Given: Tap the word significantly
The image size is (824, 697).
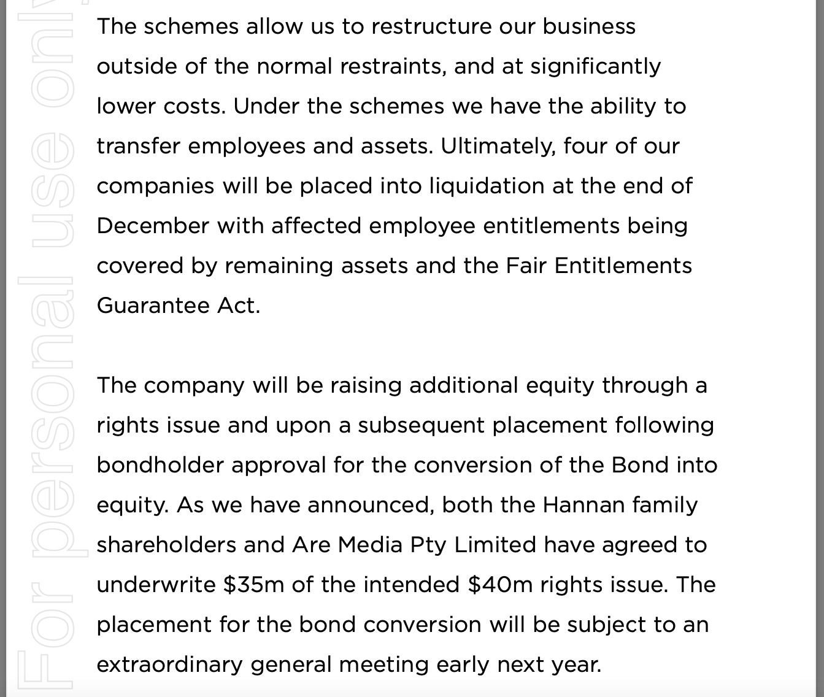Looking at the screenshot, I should point(595,66).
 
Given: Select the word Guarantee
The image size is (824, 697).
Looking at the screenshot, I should point(153,306).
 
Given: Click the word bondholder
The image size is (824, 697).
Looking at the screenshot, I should point(160,465).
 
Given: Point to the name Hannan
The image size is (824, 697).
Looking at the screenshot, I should point(583,505).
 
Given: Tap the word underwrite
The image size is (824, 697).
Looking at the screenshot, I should point(156,585).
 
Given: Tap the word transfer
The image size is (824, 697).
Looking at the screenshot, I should point(139,146).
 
